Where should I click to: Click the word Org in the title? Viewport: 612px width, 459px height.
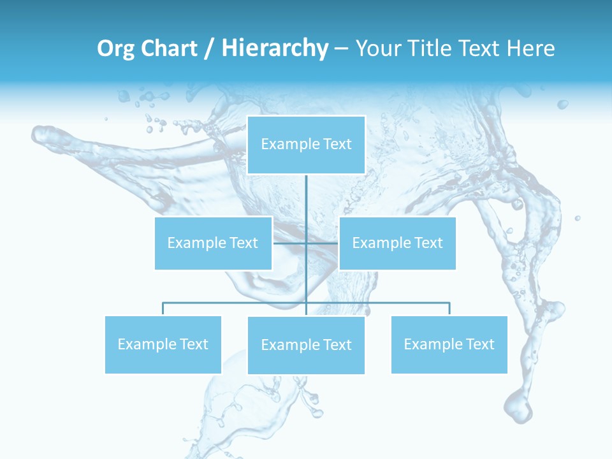(115, 48)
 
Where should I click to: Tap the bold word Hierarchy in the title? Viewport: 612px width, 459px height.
(275, 48)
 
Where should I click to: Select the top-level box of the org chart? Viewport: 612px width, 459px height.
(306, 145)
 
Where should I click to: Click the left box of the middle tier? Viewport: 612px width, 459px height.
(213, 243)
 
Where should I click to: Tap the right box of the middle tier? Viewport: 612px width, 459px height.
(397, 243)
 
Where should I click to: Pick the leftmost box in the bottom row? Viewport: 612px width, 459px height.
(163, 344)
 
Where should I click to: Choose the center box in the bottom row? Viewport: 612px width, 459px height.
(306, 345)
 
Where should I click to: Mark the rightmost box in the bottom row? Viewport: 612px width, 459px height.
(449, 344)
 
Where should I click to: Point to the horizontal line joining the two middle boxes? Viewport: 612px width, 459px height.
(290, 243)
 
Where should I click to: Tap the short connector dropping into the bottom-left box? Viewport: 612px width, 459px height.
(163, 309)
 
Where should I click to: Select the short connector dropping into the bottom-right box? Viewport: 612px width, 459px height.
(449, 309)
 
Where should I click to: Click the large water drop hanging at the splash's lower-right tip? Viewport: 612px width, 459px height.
(517, 408)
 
